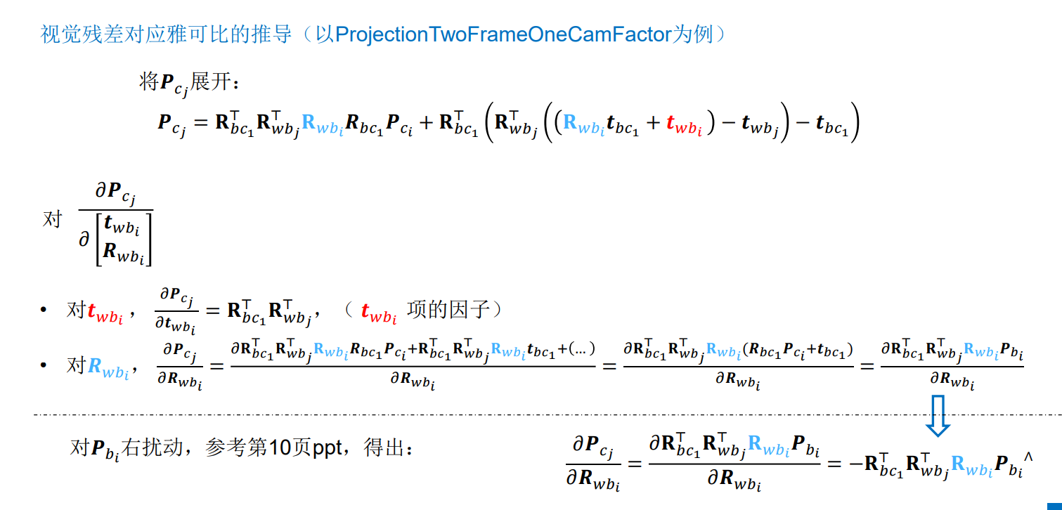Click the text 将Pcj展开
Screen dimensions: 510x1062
pyautogui.click(x=190, y=84)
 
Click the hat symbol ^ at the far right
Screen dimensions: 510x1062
pyautogui.click(x=1028, y=457)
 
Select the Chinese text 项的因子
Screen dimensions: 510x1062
pyautogui.click(x=448, y=310)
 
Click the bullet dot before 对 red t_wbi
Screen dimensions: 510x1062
pyautogui.click(x=44, y=310)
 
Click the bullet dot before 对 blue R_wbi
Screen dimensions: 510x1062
pyautogui.click(x=44, y=366)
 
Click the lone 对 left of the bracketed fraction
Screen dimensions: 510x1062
pyautogui.click(x=53, y=219)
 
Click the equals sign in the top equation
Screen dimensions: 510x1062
pyautogui.click(x=201, y=124)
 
